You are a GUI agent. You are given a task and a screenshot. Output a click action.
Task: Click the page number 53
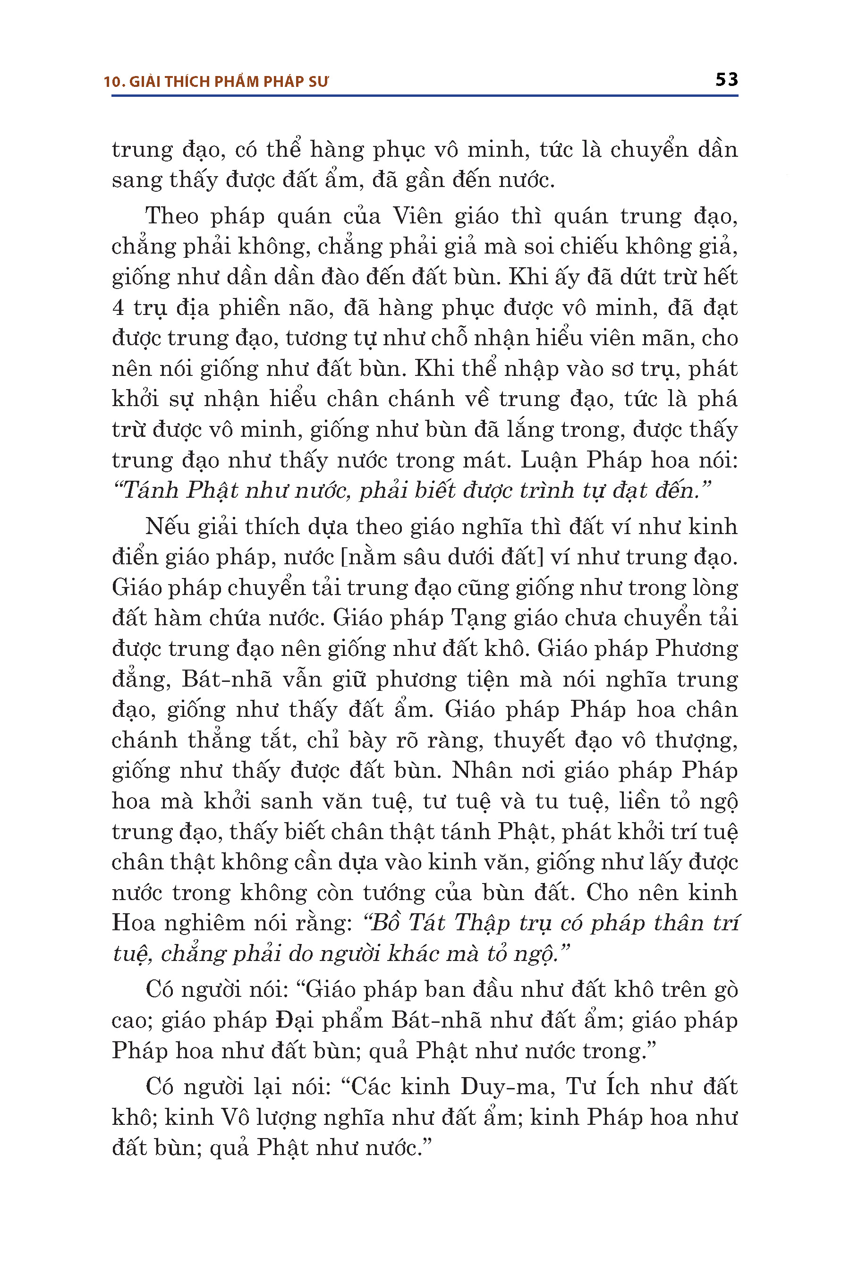click(726, 80)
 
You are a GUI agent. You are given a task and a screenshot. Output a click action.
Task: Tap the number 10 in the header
click(111, 82)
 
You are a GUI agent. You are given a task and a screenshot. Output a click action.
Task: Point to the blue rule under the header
click(425, 96)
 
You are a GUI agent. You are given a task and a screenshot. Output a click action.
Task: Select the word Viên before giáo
click(417, 216)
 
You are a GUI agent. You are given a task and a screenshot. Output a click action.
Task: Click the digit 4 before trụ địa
click(118, 308)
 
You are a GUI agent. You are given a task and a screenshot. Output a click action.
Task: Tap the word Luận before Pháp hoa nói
click(549, 460)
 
